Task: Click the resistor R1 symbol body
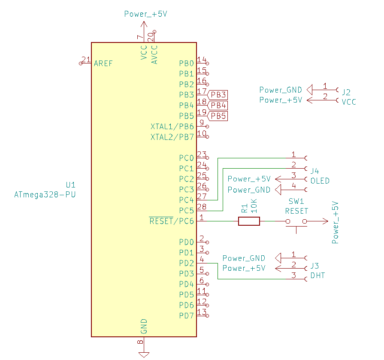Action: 249,221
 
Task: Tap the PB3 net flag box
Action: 218,95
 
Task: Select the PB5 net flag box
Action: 218,116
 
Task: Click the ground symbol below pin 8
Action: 144,354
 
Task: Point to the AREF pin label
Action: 103,64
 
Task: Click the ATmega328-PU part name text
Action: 45,195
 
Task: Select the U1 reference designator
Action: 70,185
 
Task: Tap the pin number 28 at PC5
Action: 202,207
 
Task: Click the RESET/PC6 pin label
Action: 172,221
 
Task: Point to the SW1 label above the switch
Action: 296,201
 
